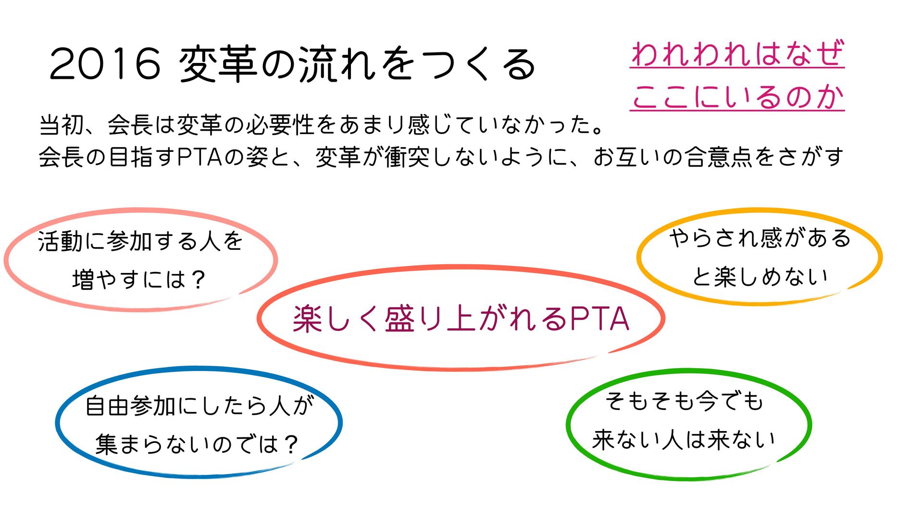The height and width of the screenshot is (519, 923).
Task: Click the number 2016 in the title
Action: [105, 64]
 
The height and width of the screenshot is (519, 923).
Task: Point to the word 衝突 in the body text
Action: [406, 157]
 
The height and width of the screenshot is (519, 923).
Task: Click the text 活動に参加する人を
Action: [140, 241]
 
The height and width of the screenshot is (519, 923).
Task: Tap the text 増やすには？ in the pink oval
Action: [139, 280]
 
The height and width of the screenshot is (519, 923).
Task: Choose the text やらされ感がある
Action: [760, 238]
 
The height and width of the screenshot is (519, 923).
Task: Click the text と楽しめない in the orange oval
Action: [760, 276]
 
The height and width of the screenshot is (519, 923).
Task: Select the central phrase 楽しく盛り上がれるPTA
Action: [461, 319]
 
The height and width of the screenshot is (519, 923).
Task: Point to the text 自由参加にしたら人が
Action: [199, 406]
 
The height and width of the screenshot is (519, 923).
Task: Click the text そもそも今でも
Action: [684, 400]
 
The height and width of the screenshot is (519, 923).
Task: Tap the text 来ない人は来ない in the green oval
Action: [684, 439]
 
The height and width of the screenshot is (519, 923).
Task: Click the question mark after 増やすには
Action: [198, 280]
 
